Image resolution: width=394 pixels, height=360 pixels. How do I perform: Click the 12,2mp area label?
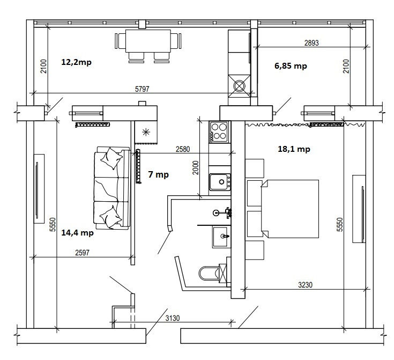click(x=76, y=62)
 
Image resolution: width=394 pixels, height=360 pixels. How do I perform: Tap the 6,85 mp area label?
click(x=291, y=66)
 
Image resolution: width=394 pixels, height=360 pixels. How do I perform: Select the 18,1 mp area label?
click(x=294, y=149)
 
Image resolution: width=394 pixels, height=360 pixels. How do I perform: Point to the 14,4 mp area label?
click(x=77, y=233)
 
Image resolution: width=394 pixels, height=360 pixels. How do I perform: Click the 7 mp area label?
click(x=158, y=174)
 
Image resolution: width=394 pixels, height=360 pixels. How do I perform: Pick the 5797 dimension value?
click(x=142, y=89)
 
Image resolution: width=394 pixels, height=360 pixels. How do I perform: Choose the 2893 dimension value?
click(x=311, y=43)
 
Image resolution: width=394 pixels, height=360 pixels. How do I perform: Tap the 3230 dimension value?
click(x=306, y=285)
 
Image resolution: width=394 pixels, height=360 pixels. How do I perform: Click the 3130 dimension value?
click(x=173, y=318)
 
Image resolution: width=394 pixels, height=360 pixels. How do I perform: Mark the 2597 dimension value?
click(x=82, y=253)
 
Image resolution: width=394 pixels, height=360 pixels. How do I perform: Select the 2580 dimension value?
click(x=183, y=149)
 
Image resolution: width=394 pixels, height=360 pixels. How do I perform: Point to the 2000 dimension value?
click(x=196, y=167)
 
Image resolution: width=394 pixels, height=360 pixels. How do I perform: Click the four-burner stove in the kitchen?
click(x=219, y=132)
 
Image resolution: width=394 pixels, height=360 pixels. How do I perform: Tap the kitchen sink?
click(x=220, y=182)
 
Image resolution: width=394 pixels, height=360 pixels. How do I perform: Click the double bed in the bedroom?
click(x=290, y=209)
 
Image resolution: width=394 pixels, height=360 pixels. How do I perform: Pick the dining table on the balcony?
click(x=148, y=41)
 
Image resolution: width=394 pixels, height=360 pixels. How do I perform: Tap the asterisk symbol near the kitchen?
click(x=146, y=132)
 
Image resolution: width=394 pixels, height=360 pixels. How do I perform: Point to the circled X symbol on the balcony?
click(x=239, y=86)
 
